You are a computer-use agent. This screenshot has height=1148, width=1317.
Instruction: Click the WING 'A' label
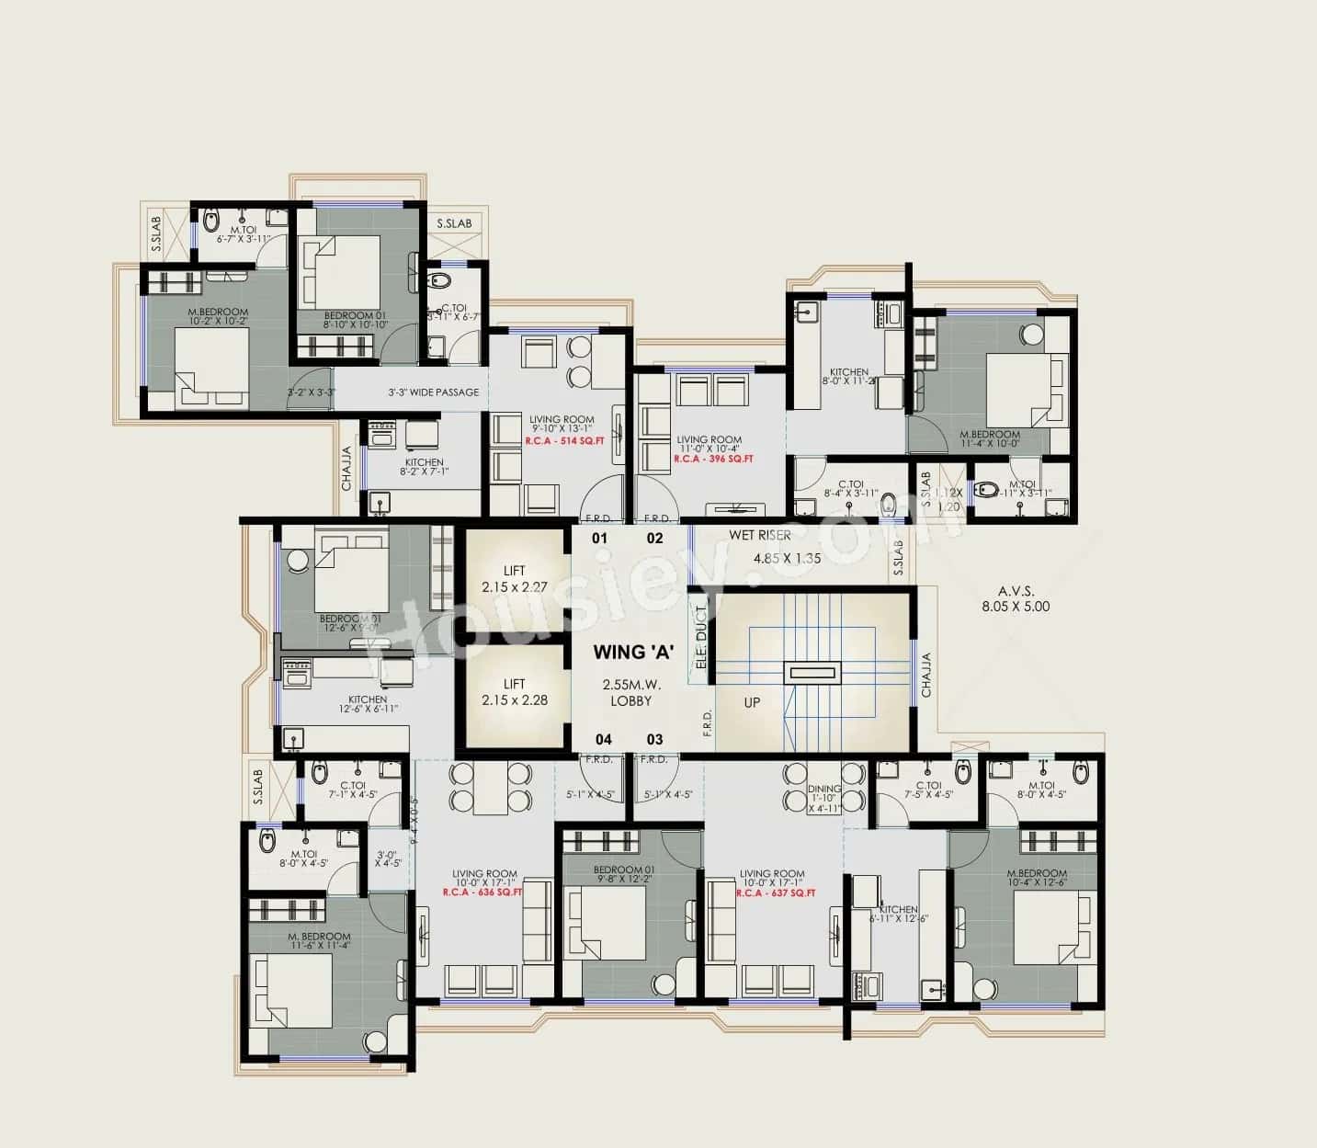pyautogui.click(x=633, y=653)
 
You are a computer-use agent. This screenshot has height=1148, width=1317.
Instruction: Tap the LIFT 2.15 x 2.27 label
pyautogui.click(x=514, y=579)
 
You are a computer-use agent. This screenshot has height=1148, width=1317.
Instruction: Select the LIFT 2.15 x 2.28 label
pyautogui.click(x=514, y=692)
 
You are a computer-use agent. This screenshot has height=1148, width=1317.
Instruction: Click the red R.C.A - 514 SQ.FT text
pyautogui.click(x=564, y=441)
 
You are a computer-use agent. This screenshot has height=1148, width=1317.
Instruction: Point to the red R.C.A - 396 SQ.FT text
pyautogui.click(x=713, y=459)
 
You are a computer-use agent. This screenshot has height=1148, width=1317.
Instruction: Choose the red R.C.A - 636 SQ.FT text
pyautogui.click(x=483, y=892)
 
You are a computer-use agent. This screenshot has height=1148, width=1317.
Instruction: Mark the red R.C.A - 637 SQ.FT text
pyautogui.click(x=775, y=892)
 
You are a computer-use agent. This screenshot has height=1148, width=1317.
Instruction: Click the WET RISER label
pyautogui.click(x=760, y=535)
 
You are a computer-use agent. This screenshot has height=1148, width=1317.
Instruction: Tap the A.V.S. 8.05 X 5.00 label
pyautogui.click(x=1015, y=599)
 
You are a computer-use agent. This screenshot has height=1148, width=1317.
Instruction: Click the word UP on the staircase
pyautogui.click(x=752, y=703)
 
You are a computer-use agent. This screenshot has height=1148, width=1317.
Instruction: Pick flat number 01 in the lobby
pyautogui.click(x=599, y=539)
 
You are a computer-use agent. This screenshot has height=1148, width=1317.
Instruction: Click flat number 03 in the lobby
pyautogui.click(x=654, y=739)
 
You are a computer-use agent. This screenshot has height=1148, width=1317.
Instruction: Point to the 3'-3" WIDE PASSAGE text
pyautogui.click(x=433, y=392)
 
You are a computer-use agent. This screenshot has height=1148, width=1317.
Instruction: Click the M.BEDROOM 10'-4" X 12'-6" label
pyautogui.click(x=1037, y=879)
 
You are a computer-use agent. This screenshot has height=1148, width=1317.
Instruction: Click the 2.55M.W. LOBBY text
pyautogui.click(x=631, y=693)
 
